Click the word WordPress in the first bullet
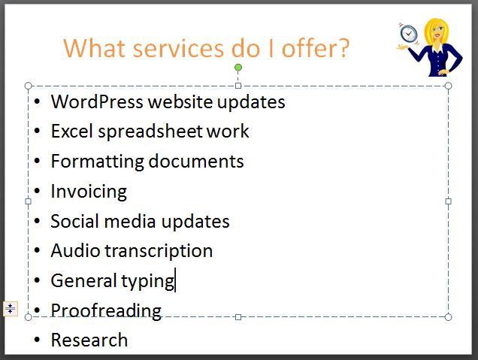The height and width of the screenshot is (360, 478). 97,101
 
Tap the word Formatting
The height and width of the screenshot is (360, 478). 97,162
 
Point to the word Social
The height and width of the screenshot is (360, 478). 75,221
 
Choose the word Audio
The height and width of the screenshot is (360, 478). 75,251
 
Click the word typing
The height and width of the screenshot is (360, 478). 148,281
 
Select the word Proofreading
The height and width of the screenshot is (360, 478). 106,311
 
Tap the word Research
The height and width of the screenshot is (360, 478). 89,340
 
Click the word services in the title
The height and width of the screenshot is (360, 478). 178,48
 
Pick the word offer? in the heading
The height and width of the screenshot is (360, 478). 315,47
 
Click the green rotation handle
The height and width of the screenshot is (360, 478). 238,68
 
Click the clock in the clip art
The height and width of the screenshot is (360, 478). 409,33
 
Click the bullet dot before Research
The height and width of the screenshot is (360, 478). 37,340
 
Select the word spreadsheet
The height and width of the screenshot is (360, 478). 150,132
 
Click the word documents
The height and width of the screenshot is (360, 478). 196,161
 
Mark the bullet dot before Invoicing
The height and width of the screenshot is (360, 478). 37,191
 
